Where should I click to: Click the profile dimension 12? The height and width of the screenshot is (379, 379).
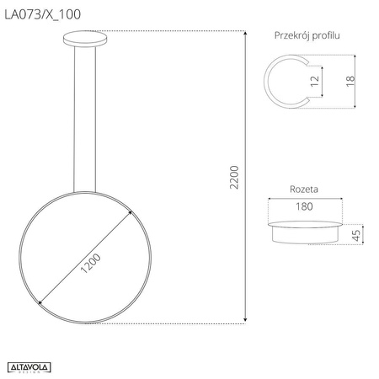(x=314, y=83)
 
